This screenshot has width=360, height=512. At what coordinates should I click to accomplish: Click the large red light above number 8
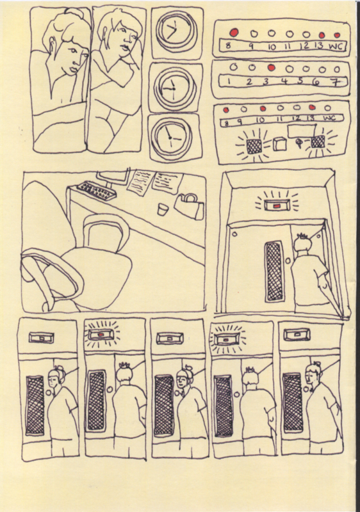click(x=234, y=33)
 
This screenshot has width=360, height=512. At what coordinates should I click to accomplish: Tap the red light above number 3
click(x=271, y=68)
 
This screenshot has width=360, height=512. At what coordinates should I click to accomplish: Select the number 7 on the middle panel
click(x=336, y=81)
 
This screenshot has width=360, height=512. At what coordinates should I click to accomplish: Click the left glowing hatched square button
click(x=254, y=146)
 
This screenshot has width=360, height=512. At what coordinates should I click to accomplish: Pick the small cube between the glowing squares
click(x=280, y=143)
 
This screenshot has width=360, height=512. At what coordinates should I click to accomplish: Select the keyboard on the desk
click(x=97, y=191)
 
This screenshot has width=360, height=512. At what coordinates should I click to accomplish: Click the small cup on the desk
click(x=162, y=209)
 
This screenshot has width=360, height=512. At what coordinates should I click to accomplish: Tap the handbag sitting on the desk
click(x=190, y=206)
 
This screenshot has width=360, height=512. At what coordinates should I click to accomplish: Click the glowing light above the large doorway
click(x=276, y=205)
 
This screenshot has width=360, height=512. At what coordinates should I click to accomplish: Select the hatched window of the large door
click(x=274, y=271)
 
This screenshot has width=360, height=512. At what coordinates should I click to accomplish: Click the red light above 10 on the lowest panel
click(x=263, y=109)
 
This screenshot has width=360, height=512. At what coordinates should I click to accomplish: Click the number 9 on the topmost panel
click(x=250, y=46)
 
